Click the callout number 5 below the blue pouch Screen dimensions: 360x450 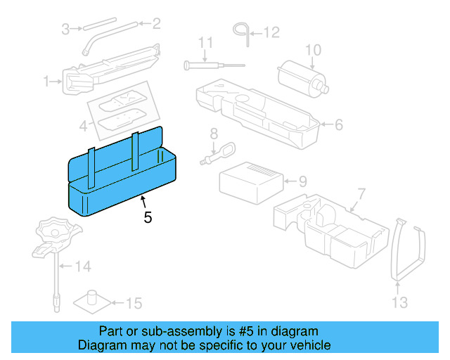(x=148, y=218)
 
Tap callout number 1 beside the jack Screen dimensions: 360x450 (x=47, y=82)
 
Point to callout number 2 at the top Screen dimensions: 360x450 (x=156, y=24)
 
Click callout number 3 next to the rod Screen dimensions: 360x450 (x=65, y=29)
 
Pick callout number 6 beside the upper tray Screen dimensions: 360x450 (x=338, y=126)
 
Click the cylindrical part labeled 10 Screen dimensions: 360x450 (x=301, y=77)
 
